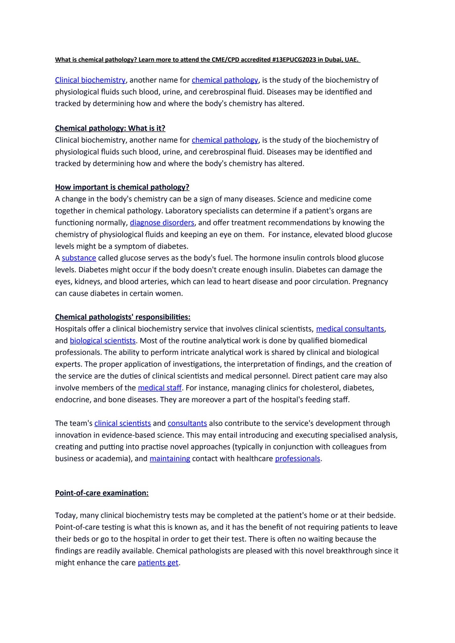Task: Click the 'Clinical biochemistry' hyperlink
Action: tap(90, 80)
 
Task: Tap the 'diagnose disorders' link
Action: tap(162, 223)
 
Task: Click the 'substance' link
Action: tap(79, 258)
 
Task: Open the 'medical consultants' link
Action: tap(350, 329)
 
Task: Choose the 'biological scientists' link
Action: tap(103, 341)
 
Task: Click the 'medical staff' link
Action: tap(160, 388)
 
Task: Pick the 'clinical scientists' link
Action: tap(122, 423)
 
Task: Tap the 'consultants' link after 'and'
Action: tap(187, 423)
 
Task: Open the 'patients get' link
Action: tap(158, 562)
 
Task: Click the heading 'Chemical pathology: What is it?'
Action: tap(110, 128)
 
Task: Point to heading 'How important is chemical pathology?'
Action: tap(122, 187)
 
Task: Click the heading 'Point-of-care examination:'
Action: tap(102, 493)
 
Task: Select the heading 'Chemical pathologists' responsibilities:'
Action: tap(123, 317)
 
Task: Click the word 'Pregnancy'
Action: tap(370, 282)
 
